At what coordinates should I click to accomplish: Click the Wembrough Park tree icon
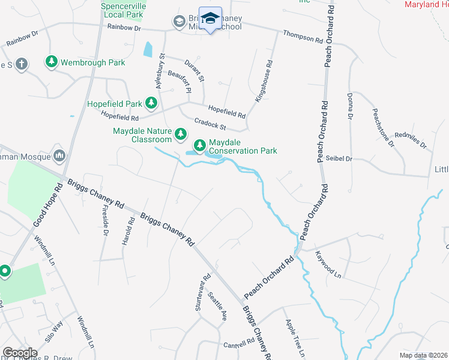click(x=52, y=62)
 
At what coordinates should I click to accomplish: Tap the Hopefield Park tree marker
click(x=152, y=104)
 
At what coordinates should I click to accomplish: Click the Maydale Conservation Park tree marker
click(x=199, y=145)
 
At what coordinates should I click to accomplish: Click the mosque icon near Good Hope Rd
click(x=59, y=156)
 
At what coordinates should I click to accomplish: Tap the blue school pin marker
click(x=210, y=20)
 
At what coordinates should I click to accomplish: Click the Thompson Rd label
click(x=303, y=37)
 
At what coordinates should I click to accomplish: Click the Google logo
click(x=20, y=353)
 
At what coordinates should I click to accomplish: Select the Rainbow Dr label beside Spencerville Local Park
click(x=124, y=28)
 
